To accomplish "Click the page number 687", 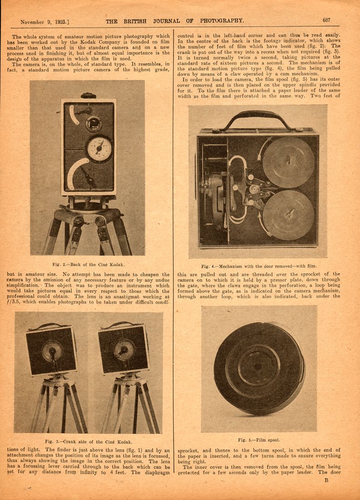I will coord(326,20).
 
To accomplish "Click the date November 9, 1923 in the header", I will coord(45,21).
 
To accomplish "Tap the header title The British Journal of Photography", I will coord(175,20).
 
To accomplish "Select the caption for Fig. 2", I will coord(88,265).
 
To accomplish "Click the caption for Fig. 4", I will coord(259,266).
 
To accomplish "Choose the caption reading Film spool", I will coord(259,440).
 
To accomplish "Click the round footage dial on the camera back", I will coord(99,148).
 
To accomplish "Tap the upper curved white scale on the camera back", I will coord(73,114).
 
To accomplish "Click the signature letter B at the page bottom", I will coord(326,480).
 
